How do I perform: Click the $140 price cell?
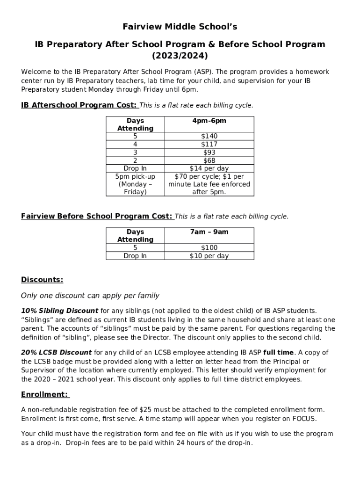209,136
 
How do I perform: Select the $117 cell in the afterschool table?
209,144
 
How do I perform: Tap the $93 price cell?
209,152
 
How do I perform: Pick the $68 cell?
209,160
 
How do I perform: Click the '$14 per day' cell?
209,168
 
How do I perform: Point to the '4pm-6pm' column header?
209,121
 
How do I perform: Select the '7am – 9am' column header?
209,232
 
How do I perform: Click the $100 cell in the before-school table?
209,247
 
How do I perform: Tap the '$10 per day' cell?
209,255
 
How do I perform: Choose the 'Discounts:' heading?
42,280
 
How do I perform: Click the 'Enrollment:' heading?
45,394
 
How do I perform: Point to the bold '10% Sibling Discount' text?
60,311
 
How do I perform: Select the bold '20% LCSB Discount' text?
57,352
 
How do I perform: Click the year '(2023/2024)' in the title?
180,56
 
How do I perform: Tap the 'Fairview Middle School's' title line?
180,27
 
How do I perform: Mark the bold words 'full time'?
279,352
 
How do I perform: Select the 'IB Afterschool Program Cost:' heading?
79,105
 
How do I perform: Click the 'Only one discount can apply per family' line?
90,295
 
